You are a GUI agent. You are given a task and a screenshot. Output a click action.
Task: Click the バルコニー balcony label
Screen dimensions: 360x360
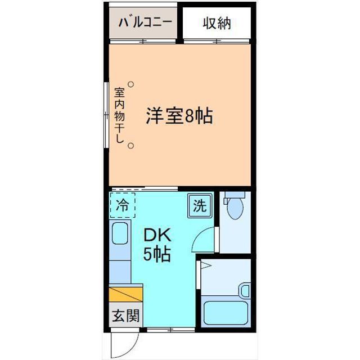click(145, 24)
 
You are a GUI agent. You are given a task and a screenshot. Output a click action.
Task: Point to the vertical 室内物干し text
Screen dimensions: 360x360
click(119, 115)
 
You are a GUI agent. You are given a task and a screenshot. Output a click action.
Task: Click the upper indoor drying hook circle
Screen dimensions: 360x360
click(130, 84)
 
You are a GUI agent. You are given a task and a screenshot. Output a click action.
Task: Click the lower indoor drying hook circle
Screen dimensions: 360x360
click(130, 146)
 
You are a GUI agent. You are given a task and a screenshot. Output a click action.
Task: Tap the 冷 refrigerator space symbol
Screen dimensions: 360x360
click(122, 206)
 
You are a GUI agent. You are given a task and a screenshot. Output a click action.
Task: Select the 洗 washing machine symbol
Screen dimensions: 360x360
click(199, 205)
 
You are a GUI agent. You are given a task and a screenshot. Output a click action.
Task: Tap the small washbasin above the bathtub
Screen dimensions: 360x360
click(244, 290)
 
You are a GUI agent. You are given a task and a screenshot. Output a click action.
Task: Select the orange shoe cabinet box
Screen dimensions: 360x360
click(126, 294)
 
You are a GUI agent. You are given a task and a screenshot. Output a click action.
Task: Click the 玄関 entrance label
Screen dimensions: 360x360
click(124, 316)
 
